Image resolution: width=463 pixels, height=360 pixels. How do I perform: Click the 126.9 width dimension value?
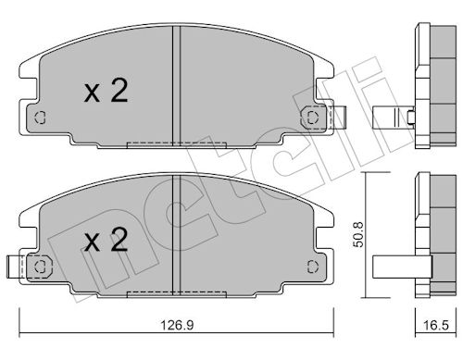click(177, 325)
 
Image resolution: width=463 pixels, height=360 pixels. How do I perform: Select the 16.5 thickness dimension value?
click(436, 325)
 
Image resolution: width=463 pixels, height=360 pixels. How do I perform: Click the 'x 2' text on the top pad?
click(106, 91)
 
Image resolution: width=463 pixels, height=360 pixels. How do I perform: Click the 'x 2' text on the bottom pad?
click(106, 240)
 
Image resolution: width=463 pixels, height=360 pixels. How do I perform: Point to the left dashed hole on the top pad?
click(41, 118)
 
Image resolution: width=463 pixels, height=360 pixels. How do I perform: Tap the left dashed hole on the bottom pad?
click(41, 267)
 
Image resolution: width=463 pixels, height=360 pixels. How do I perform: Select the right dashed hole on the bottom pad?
click(313, 267)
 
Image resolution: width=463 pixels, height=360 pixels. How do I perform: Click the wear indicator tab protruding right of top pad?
click(340, 118)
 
